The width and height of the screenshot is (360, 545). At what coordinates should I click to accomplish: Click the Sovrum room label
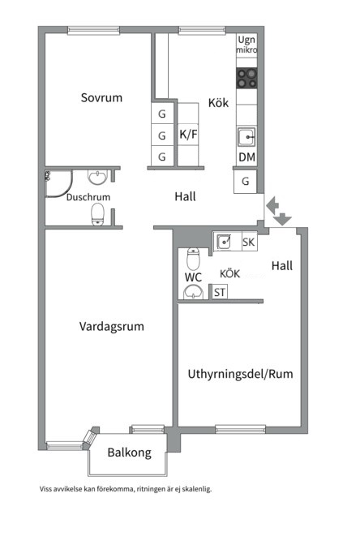pyautogui.click(x=101, y=98)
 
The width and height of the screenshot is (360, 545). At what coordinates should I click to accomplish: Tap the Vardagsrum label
pyautogui.click(x=111, y=327)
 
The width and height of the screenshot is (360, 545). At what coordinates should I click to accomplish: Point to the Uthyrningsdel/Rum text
pyautogui.click(x=240, y=374)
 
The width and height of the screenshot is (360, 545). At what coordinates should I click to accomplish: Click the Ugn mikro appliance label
pyautogui.click(x=246, y=45)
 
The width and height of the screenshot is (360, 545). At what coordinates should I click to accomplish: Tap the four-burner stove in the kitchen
pyautogui.click(x=246, y=78)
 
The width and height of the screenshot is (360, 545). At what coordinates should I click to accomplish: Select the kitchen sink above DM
pyautogui.click(x=246, y=135)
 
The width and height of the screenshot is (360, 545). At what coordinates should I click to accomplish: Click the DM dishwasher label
pyautogui.click(x=246, y=157)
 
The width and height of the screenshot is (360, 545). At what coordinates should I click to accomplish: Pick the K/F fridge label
pyautogui.click(x=188, y=135)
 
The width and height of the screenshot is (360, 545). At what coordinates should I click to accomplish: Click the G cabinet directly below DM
pyautogui.click(x=246, y=182)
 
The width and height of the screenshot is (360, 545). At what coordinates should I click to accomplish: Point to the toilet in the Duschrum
pyautogui.click(x=98, y=213)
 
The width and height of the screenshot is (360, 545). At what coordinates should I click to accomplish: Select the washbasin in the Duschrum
pyautogui.click(x=98, y=177)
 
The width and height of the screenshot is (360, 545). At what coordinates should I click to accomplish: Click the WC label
pyautogui.click(x=192, y=277)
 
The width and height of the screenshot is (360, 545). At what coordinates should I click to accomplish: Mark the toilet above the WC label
pyautogui.click(x=193, y=259)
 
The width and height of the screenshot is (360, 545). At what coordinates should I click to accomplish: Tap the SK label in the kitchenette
pyautogui.click(x=248, y=242)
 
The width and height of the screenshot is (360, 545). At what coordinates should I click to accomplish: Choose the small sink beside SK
pyautogui.click(x=224, y=241)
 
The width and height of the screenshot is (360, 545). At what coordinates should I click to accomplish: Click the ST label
pyautogui.click(x=220, y=293)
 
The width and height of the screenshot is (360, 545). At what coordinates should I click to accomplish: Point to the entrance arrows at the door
pyautogui.click(x=277, y=211)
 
